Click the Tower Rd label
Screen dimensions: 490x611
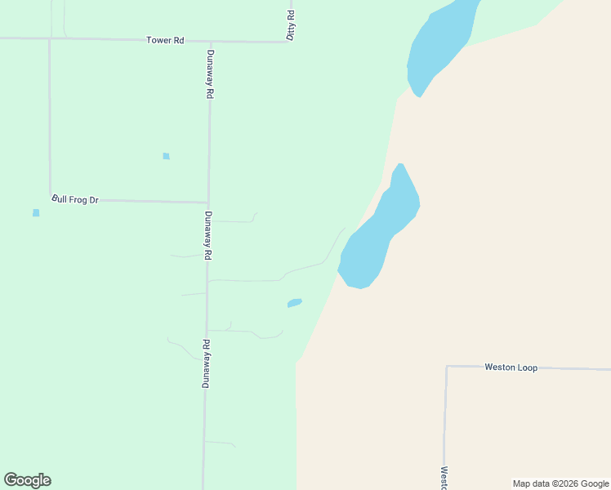[x=165, y=40]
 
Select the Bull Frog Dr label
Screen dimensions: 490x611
[x=75, y=199]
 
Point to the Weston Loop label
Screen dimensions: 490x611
[x=511, y=367]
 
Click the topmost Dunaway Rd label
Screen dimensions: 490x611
[x=210, y=74]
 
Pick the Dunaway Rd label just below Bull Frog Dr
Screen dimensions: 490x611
[x=208, y=236]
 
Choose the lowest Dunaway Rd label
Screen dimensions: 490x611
[x=206, y=363]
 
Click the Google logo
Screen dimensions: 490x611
[x=28, y=480]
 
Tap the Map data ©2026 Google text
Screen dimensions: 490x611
[x=560, y=483]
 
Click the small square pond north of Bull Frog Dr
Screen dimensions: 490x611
[x=166, y=156]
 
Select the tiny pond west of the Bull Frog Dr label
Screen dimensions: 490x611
[x=36, y=213]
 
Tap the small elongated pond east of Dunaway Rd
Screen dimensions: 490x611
[x=295, y=303]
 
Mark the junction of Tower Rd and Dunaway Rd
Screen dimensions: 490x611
[x=210, y=41]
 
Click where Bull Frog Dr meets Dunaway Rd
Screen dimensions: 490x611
[x=207, y=202]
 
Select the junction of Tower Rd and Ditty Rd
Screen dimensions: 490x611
[x=290, y=41]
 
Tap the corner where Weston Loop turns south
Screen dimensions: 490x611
[x=447, y=367]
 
